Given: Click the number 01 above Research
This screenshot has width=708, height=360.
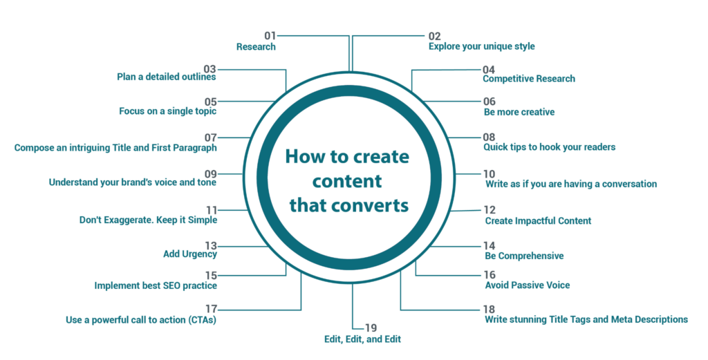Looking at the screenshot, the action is pos(270,36).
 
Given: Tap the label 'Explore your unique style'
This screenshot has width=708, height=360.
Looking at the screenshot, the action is pos(482,46).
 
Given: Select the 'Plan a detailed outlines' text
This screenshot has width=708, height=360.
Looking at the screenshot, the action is pos(166,77).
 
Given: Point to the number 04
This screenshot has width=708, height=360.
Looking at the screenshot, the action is pos(489,70).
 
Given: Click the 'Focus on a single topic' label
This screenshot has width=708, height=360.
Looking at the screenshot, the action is pos(167,111).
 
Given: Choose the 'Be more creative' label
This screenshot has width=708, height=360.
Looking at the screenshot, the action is pos(519,112).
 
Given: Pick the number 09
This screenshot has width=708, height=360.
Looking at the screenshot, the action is pos(211,173).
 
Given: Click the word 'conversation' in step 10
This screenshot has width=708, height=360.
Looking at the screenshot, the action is pos(629,184).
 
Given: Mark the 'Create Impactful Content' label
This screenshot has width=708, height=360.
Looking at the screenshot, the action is pos(538,221).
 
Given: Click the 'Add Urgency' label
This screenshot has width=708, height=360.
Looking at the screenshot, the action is pos(190,254).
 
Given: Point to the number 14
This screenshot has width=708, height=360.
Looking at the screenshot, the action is pos(490,246).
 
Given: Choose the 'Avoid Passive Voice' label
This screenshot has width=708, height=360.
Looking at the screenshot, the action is pos(528,285).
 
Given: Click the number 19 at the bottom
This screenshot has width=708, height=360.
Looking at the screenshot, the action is pos(371,328).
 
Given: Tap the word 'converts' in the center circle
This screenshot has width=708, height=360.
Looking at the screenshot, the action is pos(371,206).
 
